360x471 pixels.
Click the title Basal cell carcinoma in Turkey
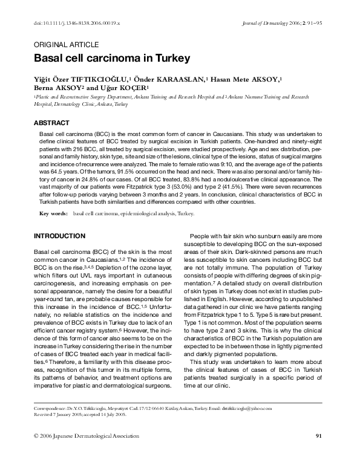point(112,59)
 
